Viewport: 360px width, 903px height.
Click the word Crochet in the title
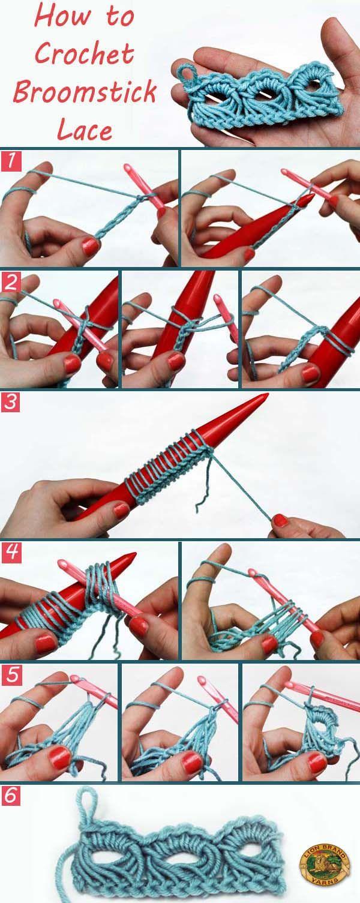point(84,53)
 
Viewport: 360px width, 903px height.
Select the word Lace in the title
point(85,129)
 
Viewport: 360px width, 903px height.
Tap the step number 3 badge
point(11,402)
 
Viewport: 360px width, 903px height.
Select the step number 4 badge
point(11,552)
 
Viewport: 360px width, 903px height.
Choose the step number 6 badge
point(11,795)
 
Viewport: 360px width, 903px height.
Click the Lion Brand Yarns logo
point(324,854)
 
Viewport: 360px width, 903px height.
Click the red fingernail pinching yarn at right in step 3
point(280,520)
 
